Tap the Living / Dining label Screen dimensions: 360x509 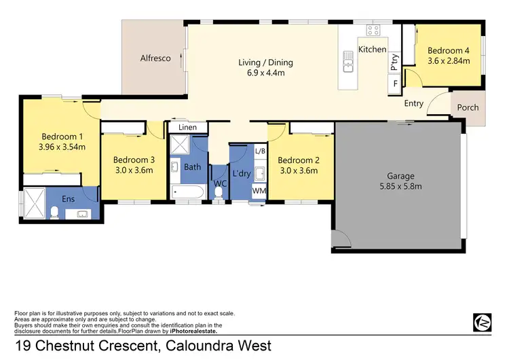click(x=265, y=62)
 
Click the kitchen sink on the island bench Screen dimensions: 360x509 click(x=349, y=66)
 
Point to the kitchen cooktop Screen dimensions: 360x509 click(x=373, y=30)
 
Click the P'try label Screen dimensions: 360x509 click(x=394, y=62)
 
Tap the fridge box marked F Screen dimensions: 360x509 click(x=394, y=84)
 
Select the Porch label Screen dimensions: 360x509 click(x=468, y=107)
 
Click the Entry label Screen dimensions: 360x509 click(x=413, y=104)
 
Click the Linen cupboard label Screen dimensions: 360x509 click(x=187, y=127)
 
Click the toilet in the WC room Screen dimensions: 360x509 click(x=218, y=192)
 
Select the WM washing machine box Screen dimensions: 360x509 click(x=259, y=192)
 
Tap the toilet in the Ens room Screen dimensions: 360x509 click(x=54, y=213)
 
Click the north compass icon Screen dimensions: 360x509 click(x=482, y=322)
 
